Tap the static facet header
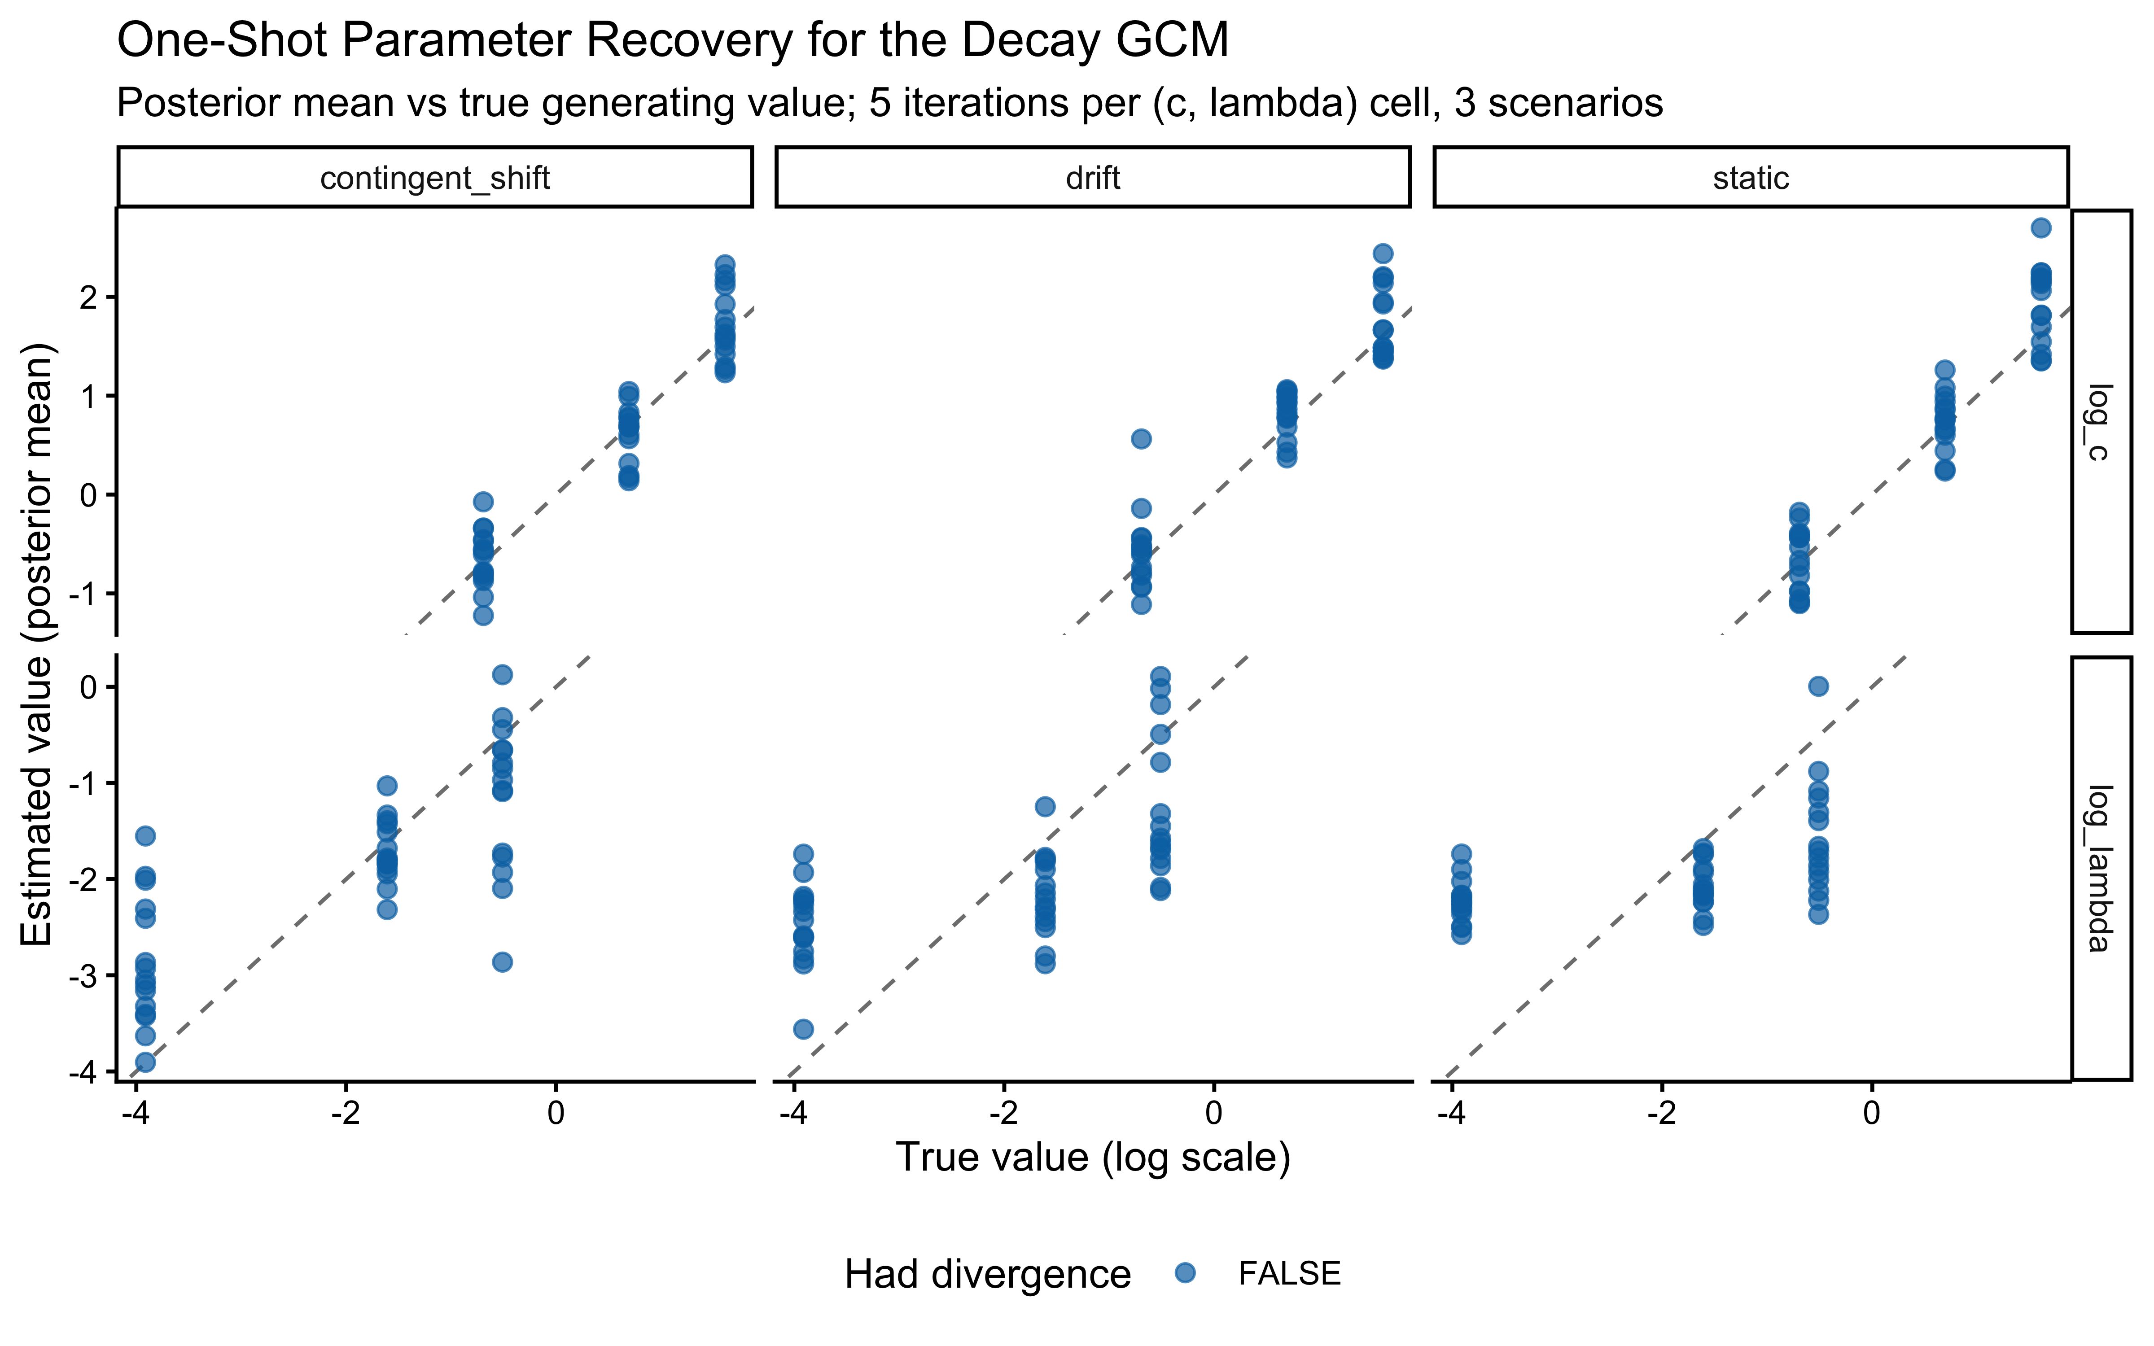pyautogui.click(x=1750, y=178)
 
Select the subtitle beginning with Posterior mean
pyautogui.click(x=889, y=103)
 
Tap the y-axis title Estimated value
pyautogui.click(x=37, y=645)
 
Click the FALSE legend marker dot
pyautogui.click(x=1185, y=1273)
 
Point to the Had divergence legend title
pyautogui.click(x=987, y=1274)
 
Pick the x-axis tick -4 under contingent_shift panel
pyautogui.click(x=135, y=1113)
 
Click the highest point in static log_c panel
pyautogui.click(x=2041, y=228)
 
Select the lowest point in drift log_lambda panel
pyautogui.click(x=803, y=1029)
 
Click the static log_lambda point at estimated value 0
pyautogui.click(x=1818, y=686)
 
